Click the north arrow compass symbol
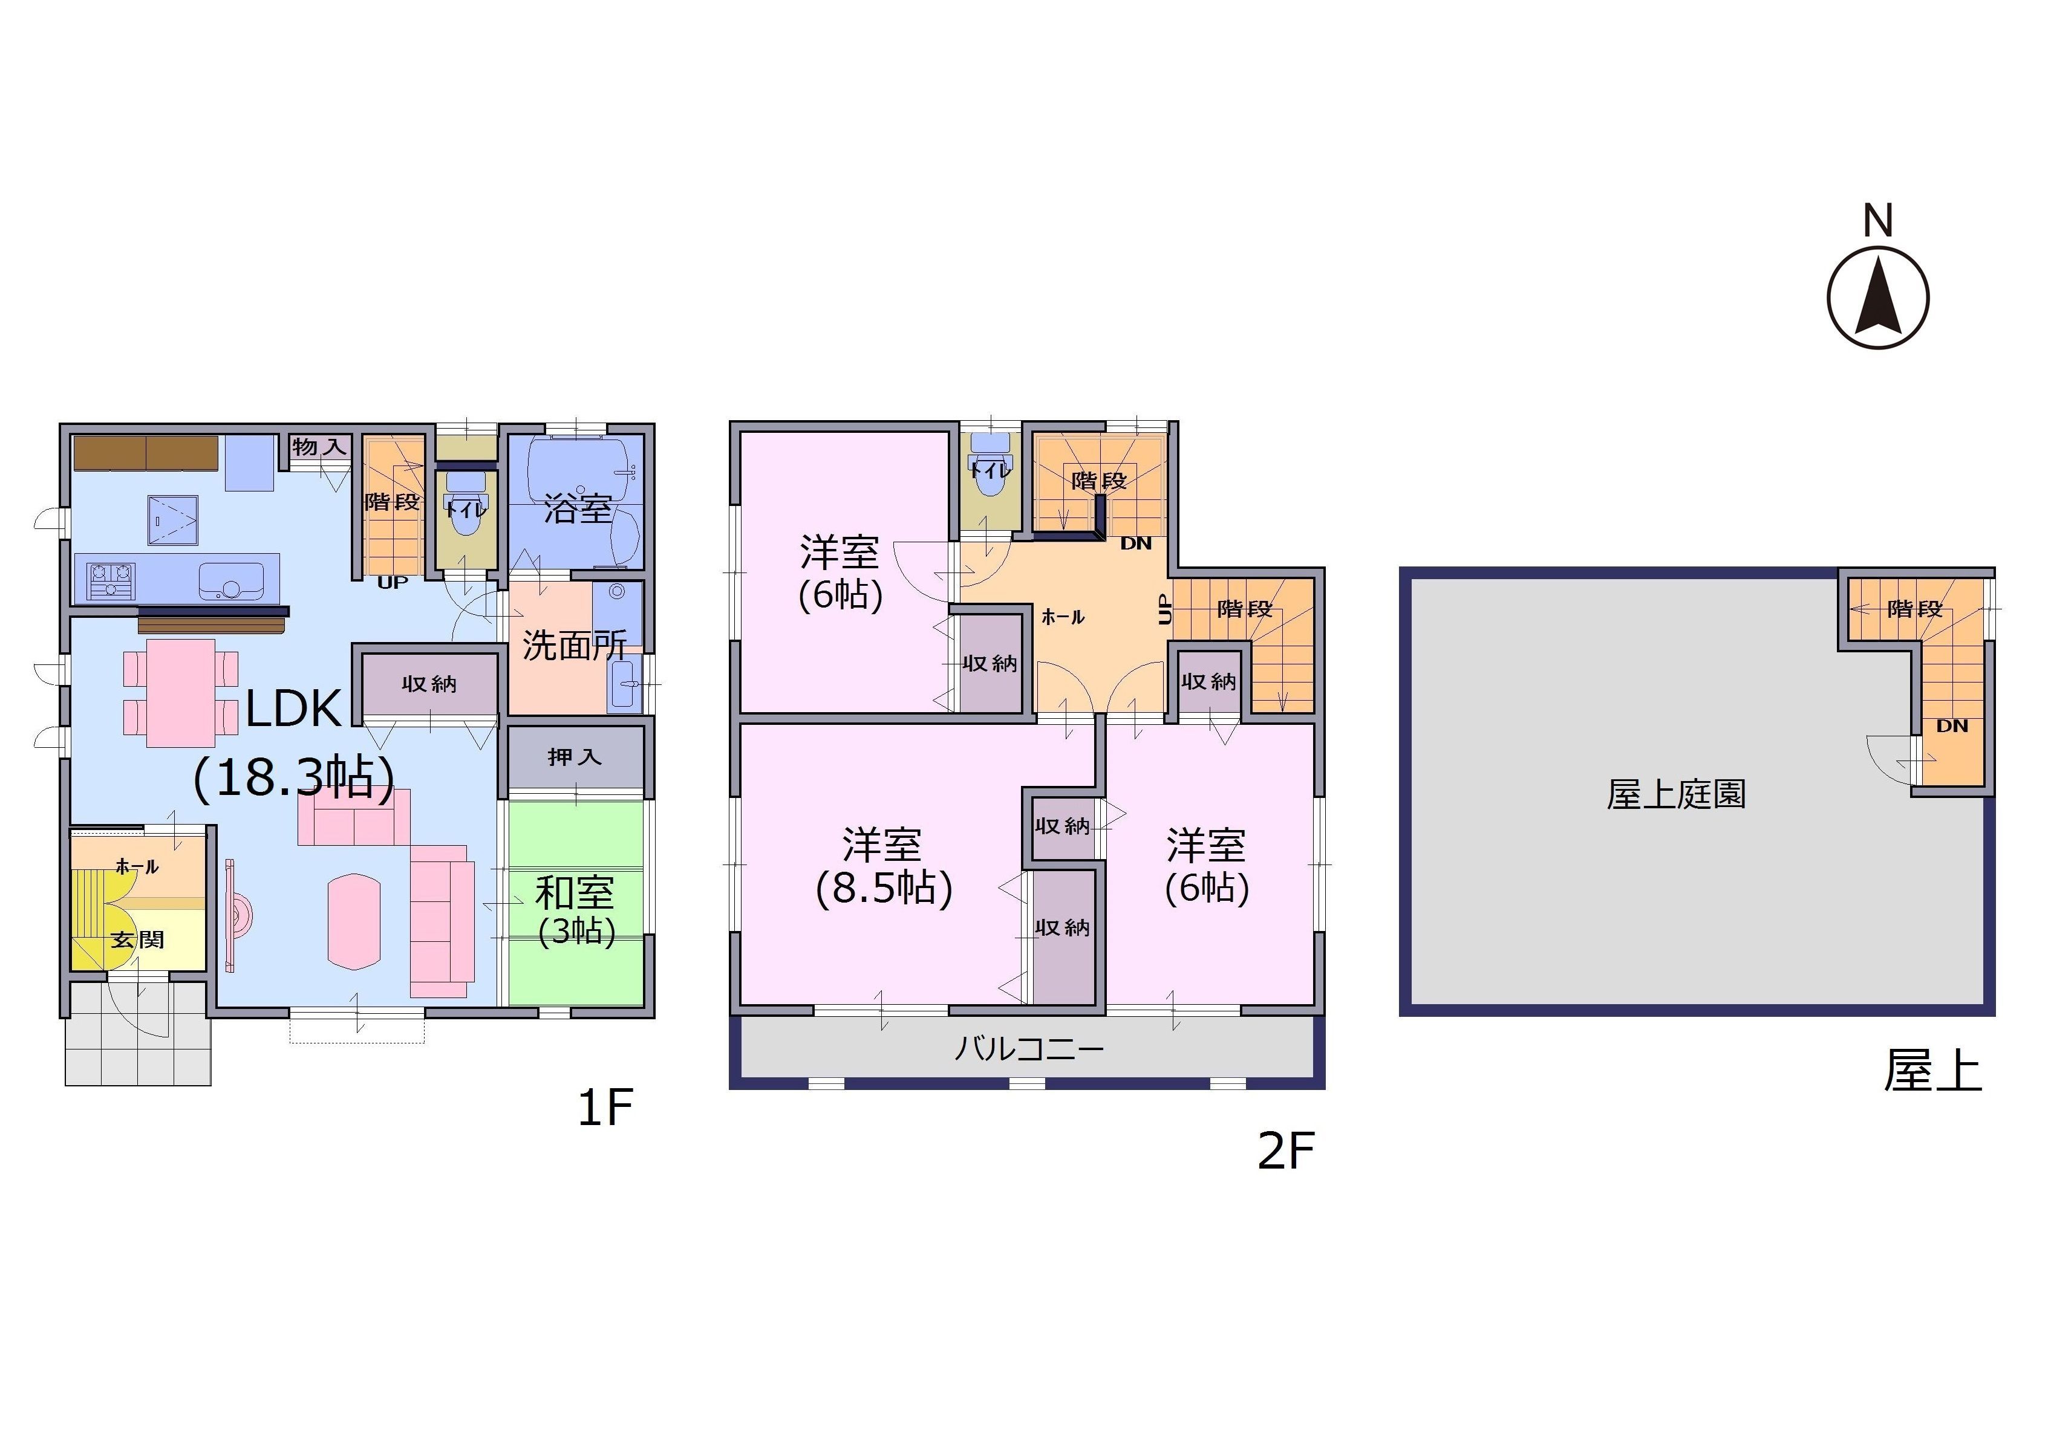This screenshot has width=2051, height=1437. [x=1877, y=297]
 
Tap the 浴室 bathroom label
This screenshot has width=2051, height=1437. [x=578, y=508]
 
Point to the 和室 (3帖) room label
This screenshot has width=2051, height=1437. [x=576, y=911]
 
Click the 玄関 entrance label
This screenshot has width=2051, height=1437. [x=137, y=939]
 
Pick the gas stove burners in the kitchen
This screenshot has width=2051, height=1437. [x=111, y=580]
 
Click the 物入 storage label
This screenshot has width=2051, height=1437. [x=319, y=447]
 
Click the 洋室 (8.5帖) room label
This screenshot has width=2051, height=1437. [x=884, y=866]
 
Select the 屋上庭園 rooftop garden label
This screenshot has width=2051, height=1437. [x=1676, y=794]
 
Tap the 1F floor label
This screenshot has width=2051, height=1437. [x=605, y=1109]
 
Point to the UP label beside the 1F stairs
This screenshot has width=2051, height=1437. [x=392, y=582]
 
